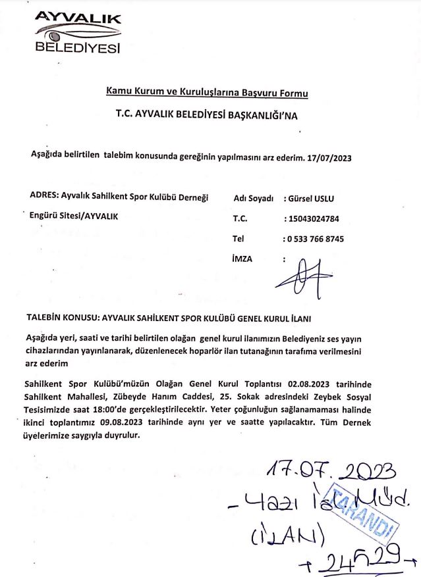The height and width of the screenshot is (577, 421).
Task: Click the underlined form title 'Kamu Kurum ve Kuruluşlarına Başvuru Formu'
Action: pyautogui.click(x=207, y=93)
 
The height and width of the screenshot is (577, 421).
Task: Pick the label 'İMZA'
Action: pyautogui.click(x=242, y=259)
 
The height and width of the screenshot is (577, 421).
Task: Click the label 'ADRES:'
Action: pyautogui.click(x=44, y=195)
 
